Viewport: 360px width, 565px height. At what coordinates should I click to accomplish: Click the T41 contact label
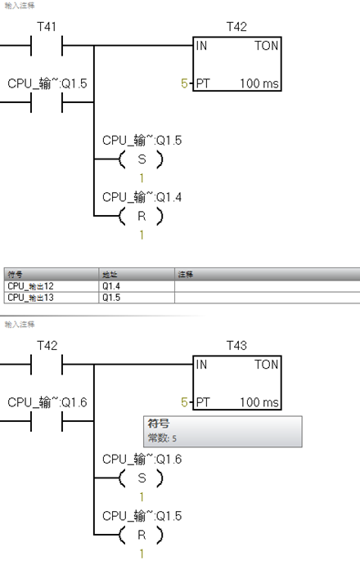coord(47,27)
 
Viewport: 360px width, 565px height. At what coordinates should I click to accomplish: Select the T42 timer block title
coord(236,27)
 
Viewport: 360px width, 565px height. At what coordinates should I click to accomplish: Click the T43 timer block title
coord(236,346)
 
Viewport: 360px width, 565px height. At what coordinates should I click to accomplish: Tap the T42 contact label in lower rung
coord(47,346)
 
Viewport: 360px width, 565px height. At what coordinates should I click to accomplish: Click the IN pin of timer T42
coord(201,47)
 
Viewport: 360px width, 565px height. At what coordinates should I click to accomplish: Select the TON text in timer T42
coord(266,47)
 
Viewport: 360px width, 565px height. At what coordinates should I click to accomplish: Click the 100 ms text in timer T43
coord(260,402)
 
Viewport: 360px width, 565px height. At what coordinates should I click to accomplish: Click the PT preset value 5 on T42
coord(184,84)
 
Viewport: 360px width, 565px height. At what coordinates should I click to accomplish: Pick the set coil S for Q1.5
coord(141,160)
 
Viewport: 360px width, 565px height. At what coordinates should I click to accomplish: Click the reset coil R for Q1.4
coord(141,216)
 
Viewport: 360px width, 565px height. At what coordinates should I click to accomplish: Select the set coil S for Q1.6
coord(141,479)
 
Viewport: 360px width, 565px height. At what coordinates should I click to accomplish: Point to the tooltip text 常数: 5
coord(162,439)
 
